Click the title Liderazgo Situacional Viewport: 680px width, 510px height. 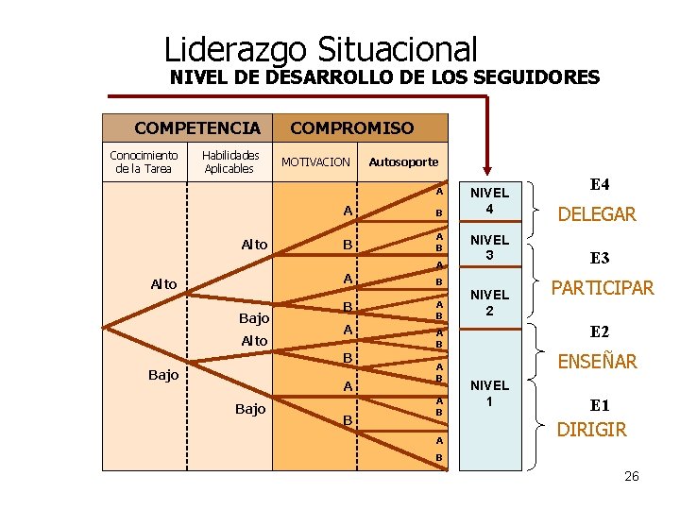(x=320, y=49)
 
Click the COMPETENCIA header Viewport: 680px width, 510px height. (x=196, y=128)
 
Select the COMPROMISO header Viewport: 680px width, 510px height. (x=351, y=128)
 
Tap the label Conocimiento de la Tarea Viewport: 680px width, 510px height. (x=144, y=161)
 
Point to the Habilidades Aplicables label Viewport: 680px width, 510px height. (x=229, y=161)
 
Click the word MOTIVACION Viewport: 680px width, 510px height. (x=316, y=162)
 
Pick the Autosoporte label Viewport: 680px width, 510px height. (x=403, y=162)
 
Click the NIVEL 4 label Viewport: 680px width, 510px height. (x=489, y=200)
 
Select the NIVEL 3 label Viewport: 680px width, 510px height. (x=489, y=247)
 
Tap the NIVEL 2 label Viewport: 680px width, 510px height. (x=489, y=302)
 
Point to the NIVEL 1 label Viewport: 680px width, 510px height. (x=489, y=393)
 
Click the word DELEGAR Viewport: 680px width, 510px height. (x=597, y=214)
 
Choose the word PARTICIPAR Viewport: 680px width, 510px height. (x=603, y=288)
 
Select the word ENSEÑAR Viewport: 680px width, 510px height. (x=597, y=361)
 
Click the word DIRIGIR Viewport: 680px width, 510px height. (x=592, y=430)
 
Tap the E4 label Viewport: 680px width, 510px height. (x=599, y=184)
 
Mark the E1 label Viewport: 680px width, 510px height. (x=599, y=405)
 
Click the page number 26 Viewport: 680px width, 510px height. (x=632, y=476)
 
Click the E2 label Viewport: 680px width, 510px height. (x=599, y=331)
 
